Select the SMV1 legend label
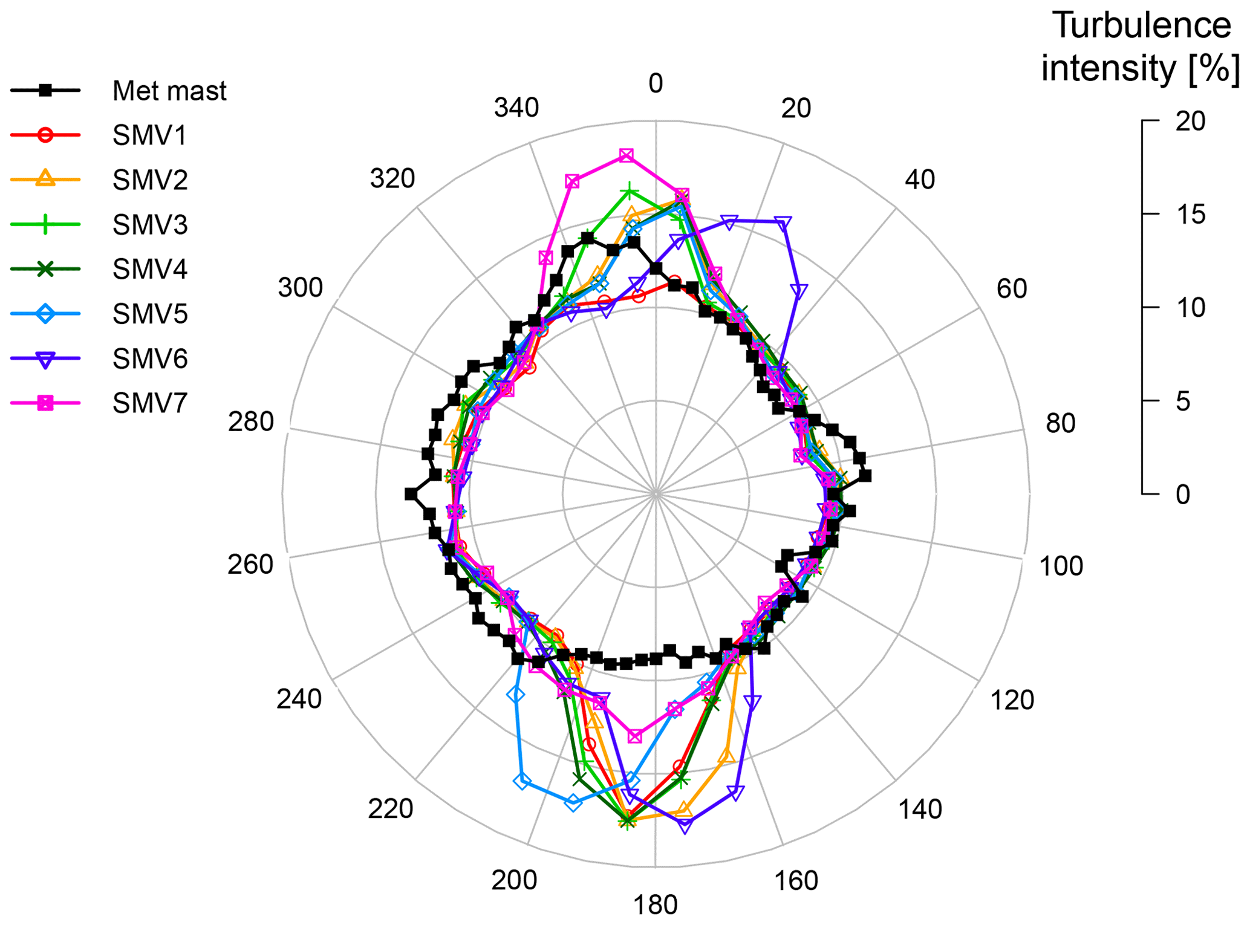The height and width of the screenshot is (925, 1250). (149, 135)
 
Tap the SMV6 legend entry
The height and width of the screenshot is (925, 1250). (149, 359)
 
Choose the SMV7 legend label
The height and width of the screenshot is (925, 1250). (149, 403)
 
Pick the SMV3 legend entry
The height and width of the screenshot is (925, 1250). (149, 224)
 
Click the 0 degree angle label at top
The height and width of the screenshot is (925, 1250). (656, 83)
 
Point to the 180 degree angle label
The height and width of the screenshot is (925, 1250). (656, 906)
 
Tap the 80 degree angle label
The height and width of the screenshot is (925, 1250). (1060, 423)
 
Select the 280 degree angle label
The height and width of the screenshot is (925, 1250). (250, 421)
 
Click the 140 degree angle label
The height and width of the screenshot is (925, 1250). (920, 809)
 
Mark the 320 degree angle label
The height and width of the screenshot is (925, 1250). (392, 179)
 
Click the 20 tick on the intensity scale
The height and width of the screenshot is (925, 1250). (1190, 122)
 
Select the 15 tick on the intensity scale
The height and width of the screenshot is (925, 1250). (1190, 215)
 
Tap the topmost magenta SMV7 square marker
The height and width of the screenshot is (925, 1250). (627, 156)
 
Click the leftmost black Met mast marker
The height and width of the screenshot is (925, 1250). (411, 494)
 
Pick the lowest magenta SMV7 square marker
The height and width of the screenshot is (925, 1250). (634, 736)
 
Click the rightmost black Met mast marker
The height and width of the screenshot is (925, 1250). (865, 476)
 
